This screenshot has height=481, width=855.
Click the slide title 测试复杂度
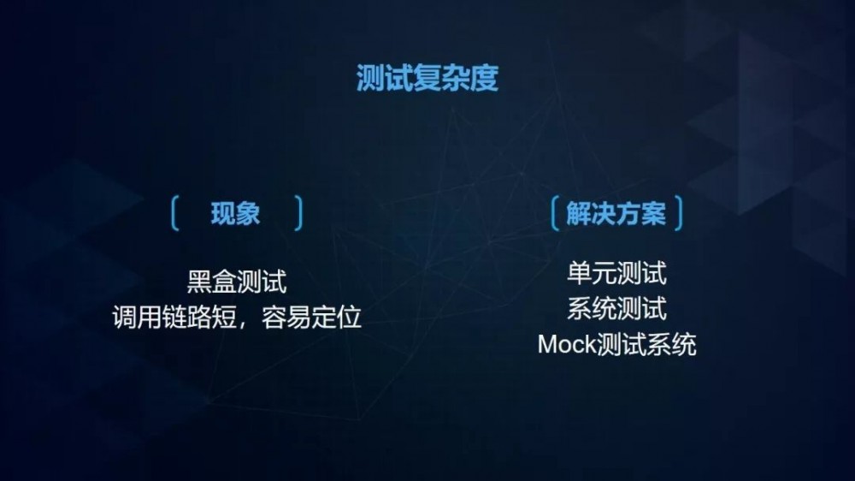427,78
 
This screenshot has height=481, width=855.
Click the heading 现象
235,214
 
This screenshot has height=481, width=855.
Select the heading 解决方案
616,214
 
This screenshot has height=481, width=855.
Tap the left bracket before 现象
174,214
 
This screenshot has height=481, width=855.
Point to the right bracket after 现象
298,214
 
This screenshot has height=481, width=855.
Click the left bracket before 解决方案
556,214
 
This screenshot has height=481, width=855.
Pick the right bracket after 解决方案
679,214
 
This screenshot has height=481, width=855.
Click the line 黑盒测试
236,282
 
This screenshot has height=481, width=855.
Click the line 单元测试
616,274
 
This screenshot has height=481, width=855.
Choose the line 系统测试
616,309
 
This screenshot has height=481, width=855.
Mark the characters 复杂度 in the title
463,78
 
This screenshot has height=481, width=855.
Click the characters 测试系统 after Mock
647,345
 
